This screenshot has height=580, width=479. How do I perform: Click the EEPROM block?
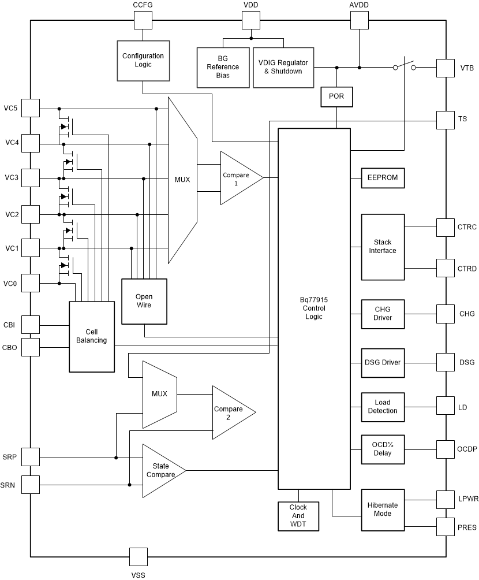tap(383, 179)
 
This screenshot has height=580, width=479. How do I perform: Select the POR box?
tap(336, 97)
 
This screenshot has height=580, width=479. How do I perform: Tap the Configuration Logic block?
tap(143, 60)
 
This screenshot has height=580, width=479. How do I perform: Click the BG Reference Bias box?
tap(223, 67)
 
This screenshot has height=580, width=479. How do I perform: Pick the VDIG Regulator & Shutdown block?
tap(282, 67)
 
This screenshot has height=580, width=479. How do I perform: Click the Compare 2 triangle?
tap(230, 412)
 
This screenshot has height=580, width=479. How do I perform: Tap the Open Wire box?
tap(144, 301)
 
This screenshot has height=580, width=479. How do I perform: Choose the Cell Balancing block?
tap(92, 336)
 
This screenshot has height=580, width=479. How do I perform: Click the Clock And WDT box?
tap(298, 516)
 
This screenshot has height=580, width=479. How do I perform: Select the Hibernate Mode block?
tap(383, 509)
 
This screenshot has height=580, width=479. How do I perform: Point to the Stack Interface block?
tap(383, 247)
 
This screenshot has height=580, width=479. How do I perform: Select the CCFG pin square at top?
tap(143, 20)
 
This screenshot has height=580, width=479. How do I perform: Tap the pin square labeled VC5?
tap(31, 107)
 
